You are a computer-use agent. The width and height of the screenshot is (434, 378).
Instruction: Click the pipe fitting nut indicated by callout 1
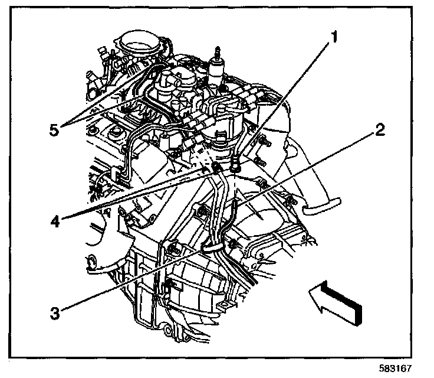tap(236, 168)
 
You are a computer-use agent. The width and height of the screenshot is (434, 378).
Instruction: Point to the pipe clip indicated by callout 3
tap(211, 244)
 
